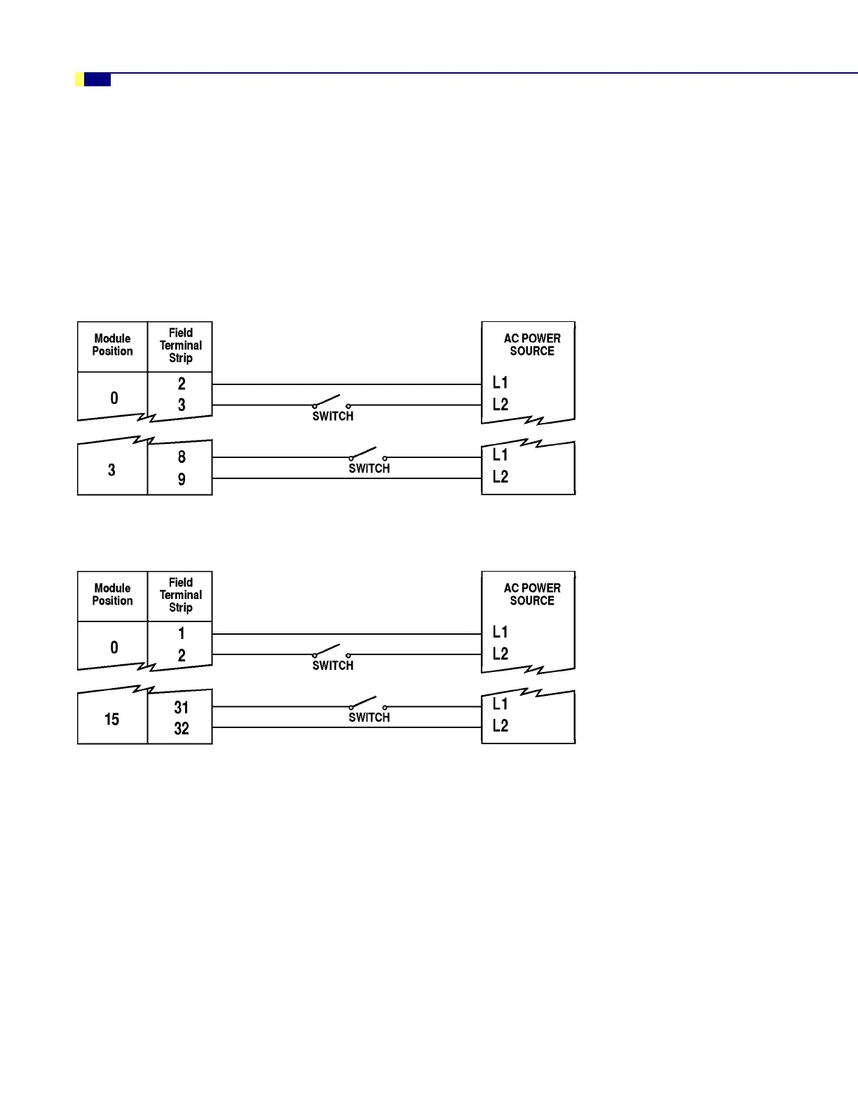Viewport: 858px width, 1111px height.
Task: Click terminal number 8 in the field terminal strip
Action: [182, 457]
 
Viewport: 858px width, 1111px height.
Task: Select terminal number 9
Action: [182, 480]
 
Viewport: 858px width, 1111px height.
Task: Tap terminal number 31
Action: [182, 708]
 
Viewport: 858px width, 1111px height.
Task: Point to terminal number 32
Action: [182, 729]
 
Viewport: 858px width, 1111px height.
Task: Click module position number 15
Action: [112, 720]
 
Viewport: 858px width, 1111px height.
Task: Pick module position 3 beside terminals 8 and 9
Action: [111, 470]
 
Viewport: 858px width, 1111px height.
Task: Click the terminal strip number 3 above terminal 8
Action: [182, 405]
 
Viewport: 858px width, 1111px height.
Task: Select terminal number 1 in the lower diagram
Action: [182, 633]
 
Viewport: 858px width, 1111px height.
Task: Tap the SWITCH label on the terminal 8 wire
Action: [369, 469]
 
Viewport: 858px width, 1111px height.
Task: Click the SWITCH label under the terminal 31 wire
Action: [369, 718]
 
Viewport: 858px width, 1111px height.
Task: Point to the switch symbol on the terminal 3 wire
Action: [331, 402]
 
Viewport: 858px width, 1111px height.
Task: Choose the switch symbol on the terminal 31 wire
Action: [368, 703]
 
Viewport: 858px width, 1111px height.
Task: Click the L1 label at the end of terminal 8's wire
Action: [500, 455]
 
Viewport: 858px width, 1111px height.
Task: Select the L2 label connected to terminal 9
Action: [500, 477]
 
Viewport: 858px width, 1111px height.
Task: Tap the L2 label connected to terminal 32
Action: [500, 726]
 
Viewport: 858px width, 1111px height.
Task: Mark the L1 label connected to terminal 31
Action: [500, 704]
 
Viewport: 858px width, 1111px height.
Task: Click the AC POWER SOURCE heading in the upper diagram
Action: [532, 344]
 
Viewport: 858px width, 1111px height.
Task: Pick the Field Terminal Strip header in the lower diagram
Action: [181, 595]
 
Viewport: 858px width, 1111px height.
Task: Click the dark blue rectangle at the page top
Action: [97, 80]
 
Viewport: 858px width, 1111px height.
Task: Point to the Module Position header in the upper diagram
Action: [112, 344]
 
